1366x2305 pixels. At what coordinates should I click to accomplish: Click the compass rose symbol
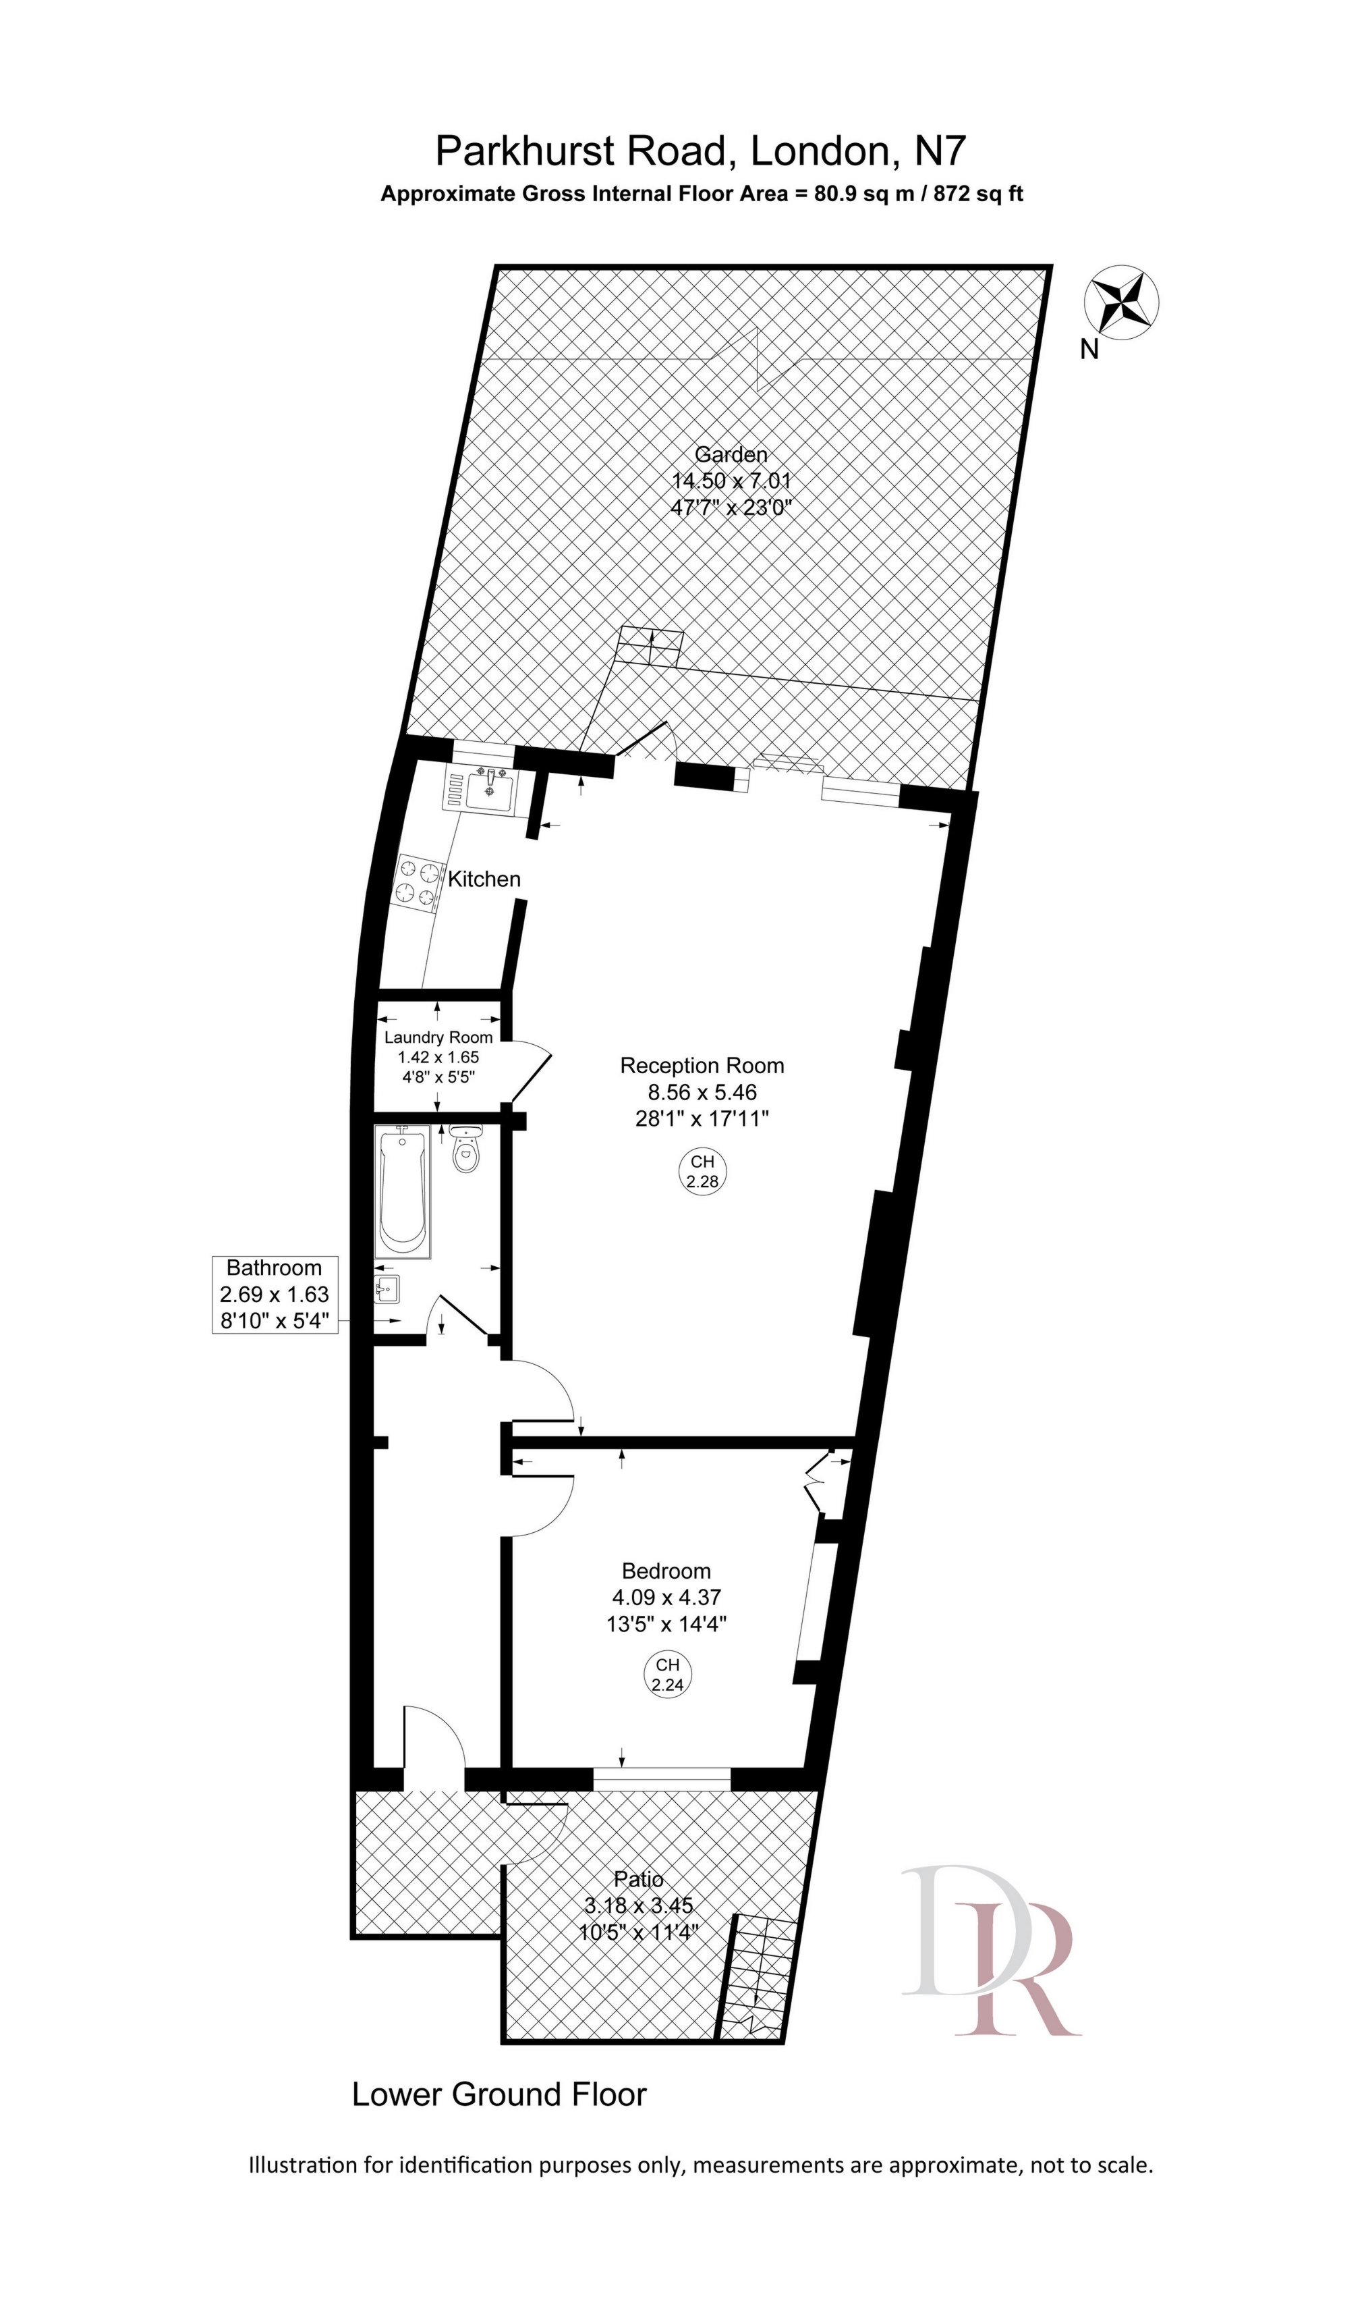click(1121, 301)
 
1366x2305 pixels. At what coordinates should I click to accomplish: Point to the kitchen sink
click(490, 789)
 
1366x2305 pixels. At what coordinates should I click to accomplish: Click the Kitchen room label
click(484, 879)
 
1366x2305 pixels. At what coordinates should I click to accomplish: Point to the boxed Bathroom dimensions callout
click(275, 1294)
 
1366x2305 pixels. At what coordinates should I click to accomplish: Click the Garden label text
click(731, 454)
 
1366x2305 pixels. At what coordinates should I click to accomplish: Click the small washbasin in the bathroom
click(387, 1287)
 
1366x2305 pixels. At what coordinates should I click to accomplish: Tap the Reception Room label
click(702, 1066)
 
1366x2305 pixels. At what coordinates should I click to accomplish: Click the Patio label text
click(639, 1878)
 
